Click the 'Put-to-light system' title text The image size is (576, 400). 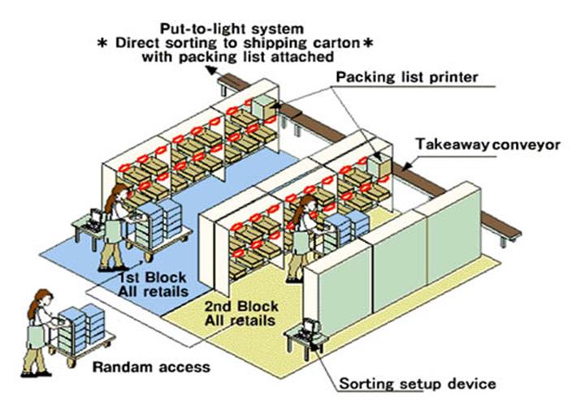pos(232,26)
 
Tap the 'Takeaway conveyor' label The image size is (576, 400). pos(488,145)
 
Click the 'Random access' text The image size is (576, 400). pos(151,367)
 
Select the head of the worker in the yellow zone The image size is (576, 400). pos(308,203)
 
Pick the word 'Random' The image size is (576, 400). pos(118,367)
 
